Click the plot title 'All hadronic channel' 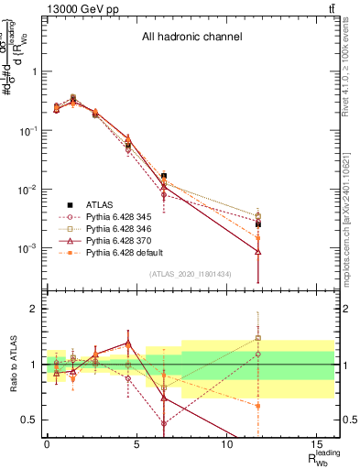pos(191,38)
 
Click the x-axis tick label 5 pos(136,443)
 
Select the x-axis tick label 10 pos(225,443)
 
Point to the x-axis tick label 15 pos(316,443)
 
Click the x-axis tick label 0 pos(47,443)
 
